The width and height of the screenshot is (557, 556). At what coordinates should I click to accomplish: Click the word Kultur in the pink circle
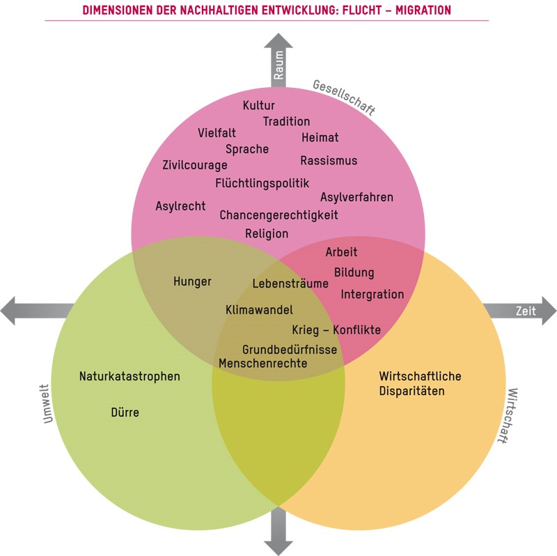click(x=258, y=106)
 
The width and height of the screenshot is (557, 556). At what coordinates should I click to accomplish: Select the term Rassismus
click(x=329, y=161)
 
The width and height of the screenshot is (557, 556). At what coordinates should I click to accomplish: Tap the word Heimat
click(x=320, y=138)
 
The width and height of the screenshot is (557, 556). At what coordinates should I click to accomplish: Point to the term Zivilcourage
click(x=195, y=166)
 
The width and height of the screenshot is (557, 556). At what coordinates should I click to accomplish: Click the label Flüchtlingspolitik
click(x=262, y=183)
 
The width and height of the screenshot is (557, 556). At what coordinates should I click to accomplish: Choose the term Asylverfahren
click(x=356, y=197)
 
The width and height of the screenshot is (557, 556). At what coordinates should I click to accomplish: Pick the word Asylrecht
click(x=180, y=206)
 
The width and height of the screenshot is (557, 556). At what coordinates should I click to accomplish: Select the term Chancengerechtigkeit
click(x=278, y=215)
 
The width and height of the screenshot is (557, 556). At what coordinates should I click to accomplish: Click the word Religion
click(x=266, y=234)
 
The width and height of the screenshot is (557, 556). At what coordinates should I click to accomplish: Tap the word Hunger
click(x=192, y=281)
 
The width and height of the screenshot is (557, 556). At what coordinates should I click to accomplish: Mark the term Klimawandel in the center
click(x=259, y=309)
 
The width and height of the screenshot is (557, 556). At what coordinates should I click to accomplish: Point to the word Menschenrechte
click(x=262, y=363)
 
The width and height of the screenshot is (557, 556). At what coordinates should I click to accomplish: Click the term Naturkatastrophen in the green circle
click(x=130, y=376)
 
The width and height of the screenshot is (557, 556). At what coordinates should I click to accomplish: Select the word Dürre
click(x=125, y=412)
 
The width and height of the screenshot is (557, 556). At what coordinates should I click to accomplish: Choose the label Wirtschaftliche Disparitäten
click(x=420, y=383)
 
